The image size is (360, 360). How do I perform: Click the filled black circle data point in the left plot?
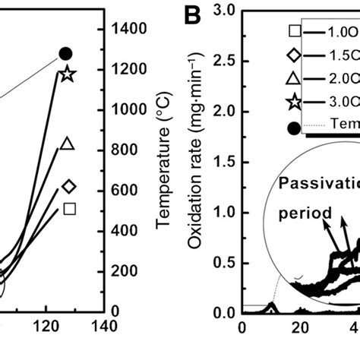click(x=66, y=53)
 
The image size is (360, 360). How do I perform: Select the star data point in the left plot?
click(x=67, y=74)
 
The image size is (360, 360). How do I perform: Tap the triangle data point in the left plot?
click(x=67, y=144)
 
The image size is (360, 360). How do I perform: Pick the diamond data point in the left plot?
click(x=69, y=186)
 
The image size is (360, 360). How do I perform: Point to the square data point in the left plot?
click(x=70, y=209)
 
